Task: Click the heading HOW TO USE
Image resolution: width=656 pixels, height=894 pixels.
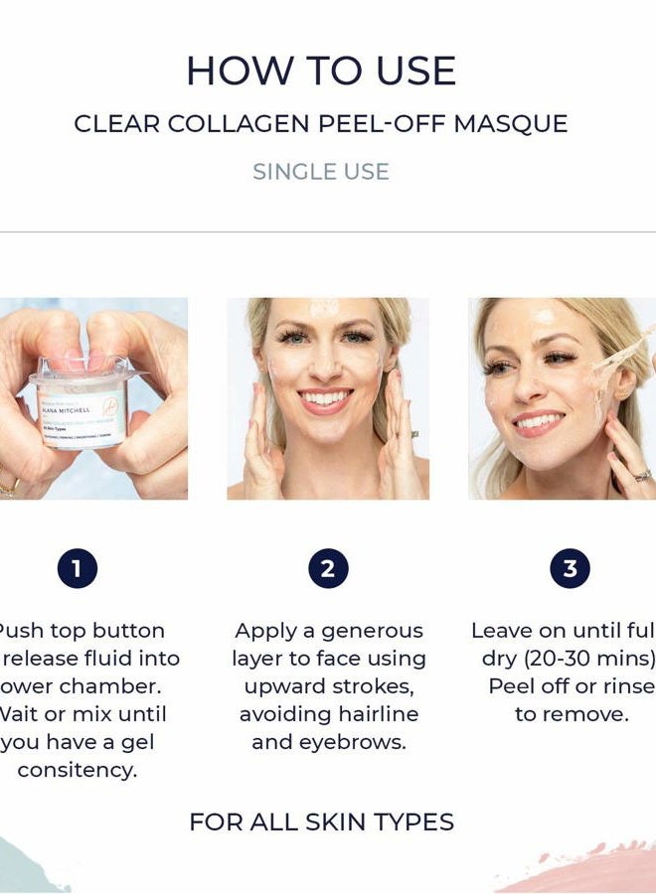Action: pos(321,72)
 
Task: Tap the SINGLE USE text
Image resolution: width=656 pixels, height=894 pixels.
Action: pos(320,172)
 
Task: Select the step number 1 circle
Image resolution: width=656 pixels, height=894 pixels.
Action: pos(77,569)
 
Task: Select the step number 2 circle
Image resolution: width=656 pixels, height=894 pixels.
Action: pos(328,569)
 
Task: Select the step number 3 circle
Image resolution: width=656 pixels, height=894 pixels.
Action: pos(570,569)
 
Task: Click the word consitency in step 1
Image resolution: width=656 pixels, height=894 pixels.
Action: pos(77,770)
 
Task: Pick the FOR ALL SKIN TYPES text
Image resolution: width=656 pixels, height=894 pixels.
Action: pos(321,822)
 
